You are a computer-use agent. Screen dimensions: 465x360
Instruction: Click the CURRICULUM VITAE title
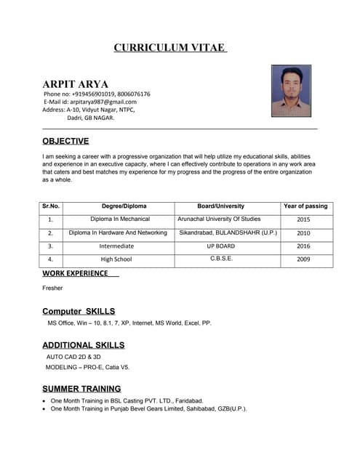point(171,48)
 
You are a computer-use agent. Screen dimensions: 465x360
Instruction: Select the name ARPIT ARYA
point(75,84)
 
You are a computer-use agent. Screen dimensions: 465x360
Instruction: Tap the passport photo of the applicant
point(291,91)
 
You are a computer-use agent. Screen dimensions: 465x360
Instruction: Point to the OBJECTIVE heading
point(65,141)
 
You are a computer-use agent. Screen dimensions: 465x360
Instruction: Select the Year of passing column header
point(305,206)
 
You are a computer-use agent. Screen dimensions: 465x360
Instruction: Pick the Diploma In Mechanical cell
point(120,219)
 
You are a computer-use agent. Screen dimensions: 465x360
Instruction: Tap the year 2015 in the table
point(304,219)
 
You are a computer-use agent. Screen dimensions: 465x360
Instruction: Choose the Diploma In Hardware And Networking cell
point(118,233)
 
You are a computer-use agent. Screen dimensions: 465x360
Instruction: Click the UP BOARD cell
point(220,246)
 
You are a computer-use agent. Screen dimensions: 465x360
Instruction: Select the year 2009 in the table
point(304,259)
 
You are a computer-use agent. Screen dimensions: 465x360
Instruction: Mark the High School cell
point(116,259)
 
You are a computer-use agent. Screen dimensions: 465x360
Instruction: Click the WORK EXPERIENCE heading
point(75,273)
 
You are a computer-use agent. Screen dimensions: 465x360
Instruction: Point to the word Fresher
point(52,288)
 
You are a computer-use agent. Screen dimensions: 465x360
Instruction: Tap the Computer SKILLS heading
point(79,311)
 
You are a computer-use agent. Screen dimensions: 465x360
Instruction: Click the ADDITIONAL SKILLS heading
point(83,345)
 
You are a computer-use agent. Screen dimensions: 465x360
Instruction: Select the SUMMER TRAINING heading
point(81,389)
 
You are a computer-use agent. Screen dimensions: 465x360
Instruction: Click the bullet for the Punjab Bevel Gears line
point(44,410)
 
